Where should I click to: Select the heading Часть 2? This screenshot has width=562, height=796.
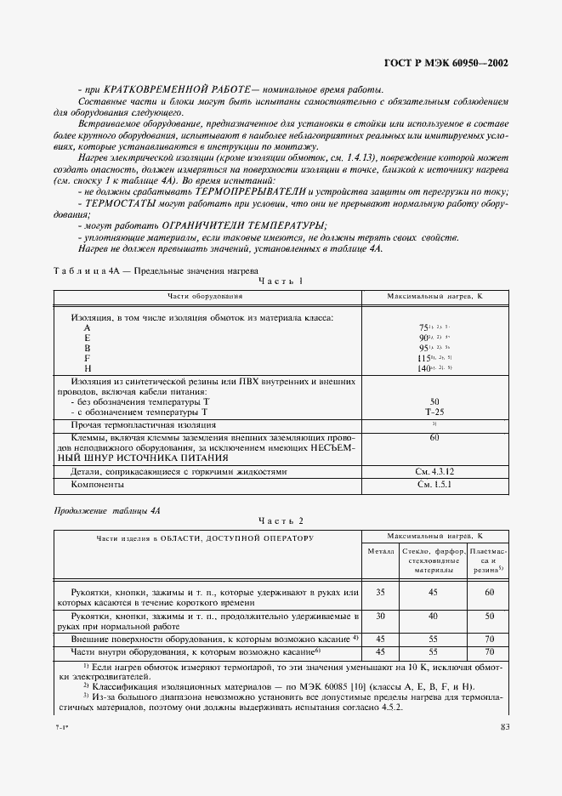tap(280, 520)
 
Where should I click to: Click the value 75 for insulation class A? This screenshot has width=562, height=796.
tap(423, 328)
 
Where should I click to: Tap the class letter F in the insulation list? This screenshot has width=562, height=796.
tap(87, 358)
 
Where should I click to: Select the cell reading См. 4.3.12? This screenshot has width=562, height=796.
tap(434, 470)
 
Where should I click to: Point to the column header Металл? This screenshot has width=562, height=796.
tap(380, 552)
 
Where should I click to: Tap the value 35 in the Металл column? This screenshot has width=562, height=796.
tap(380, 592)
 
